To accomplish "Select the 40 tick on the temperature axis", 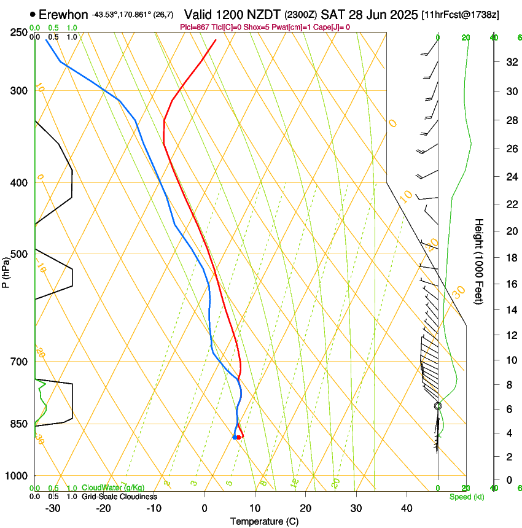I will (x=407, y=508).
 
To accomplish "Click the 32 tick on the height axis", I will (x=510, y=61).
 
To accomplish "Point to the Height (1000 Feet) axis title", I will (x=480, y=261).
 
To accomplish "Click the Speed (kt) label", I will (x=466, y=497).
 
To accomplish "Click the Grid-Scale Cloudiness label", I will (x=119, y=497).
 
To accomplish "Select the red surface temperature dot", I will (x=239, y=437).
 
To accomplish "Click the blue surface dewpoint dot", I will (x=235, y=437).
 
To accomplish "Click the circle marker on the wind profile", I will (x=438, y=406).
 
